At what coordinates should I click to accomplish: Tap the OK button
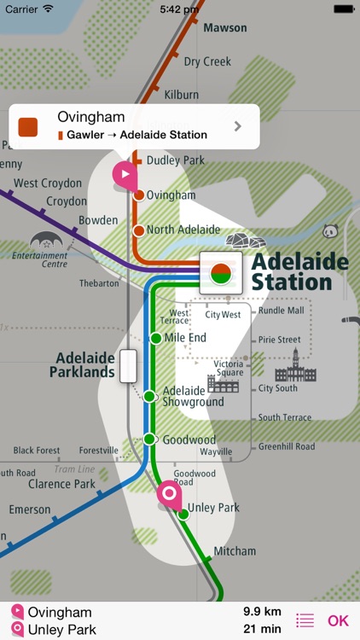pos(339,621)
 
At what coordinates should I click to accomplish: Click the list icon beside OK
pos(305,621)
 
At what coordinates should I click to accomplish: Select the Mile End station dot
pos(155,339)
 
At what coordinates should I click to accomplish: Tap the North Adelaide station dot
pos(138,230)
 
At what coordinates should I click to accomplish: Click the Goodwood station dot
pos(149,439)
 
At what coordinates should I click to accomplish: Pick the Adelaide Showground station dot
pos(149,396)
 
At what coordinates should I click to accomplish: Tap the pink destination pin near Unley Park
pos(169,494)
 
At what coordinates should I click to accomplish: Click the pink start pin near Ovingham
pos(125,175)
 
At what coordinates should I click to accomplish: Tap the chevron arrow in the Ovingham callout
pos(238,126)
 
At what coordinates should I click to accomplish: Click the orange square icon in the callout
pos(28,126)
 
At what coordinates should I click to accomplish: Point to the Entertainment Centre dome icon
pos(44,241)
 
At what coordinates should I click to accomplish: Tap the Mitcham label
pos(235,551)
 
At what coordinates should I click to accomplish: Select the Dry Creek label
pos(207,61)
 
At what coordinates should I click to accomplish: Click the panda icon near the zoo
pos(331,231)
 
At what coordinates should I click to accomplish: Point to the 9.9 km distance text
pos(262,612)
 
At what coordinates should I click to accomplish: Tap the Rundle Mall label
pos(281,311)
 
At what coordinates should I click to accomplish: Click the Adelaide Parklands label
pos(82,365)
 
